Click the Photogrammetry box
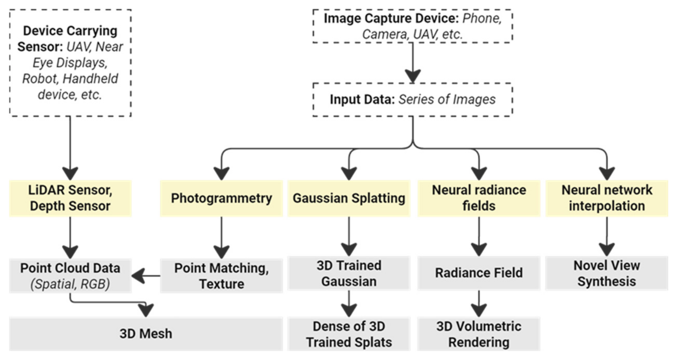(x=221, y=198)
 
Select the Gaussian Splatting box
(x=349, y=198)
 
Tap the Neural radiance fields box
(x=479, y=198)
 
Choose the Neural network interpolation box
(x=606, y=198)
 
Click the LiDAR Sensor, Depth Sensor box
(x=70, y=198)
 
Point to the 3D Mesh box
(x=146, y=334)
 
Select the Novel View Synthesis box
(x=606, y=273)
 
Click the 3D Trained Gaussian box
(x=349, y=273)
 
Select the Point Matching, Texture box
(x=221, y=276)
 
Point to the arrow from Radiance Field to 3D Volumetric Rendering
(x=479, y=303)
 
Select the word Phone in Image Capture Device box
(x=482, y=18)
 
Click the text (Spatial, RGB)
(x=70, y=284)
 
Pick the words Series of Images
(x=447, y=100)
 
